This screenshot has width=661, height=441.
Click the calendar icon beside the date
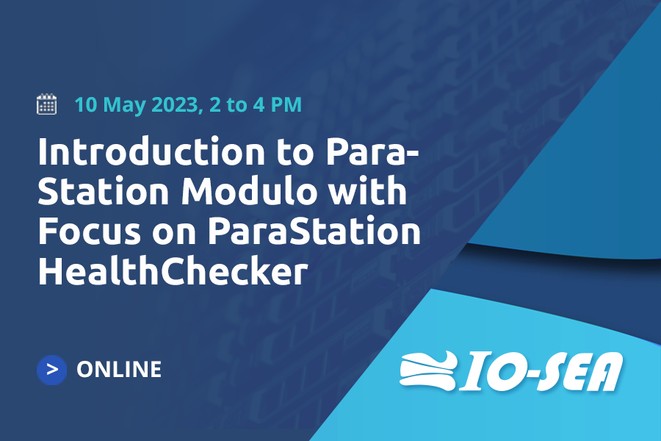pos(46,104)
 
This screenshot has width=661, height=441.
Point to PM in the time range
pos(286,104)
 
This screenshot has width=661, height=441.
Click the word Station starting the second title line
pos(104,191)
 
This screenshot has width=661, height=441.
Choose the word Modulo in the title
pos(249,191)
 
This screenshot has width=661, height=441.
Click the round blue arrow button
pos(52,370)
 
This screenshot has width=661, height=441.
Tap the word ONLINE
pos(119,369)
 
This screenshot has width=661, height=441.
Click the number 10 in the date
pos(86,104)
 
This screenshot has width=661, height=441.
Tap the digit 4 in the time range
pos(259,104)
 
